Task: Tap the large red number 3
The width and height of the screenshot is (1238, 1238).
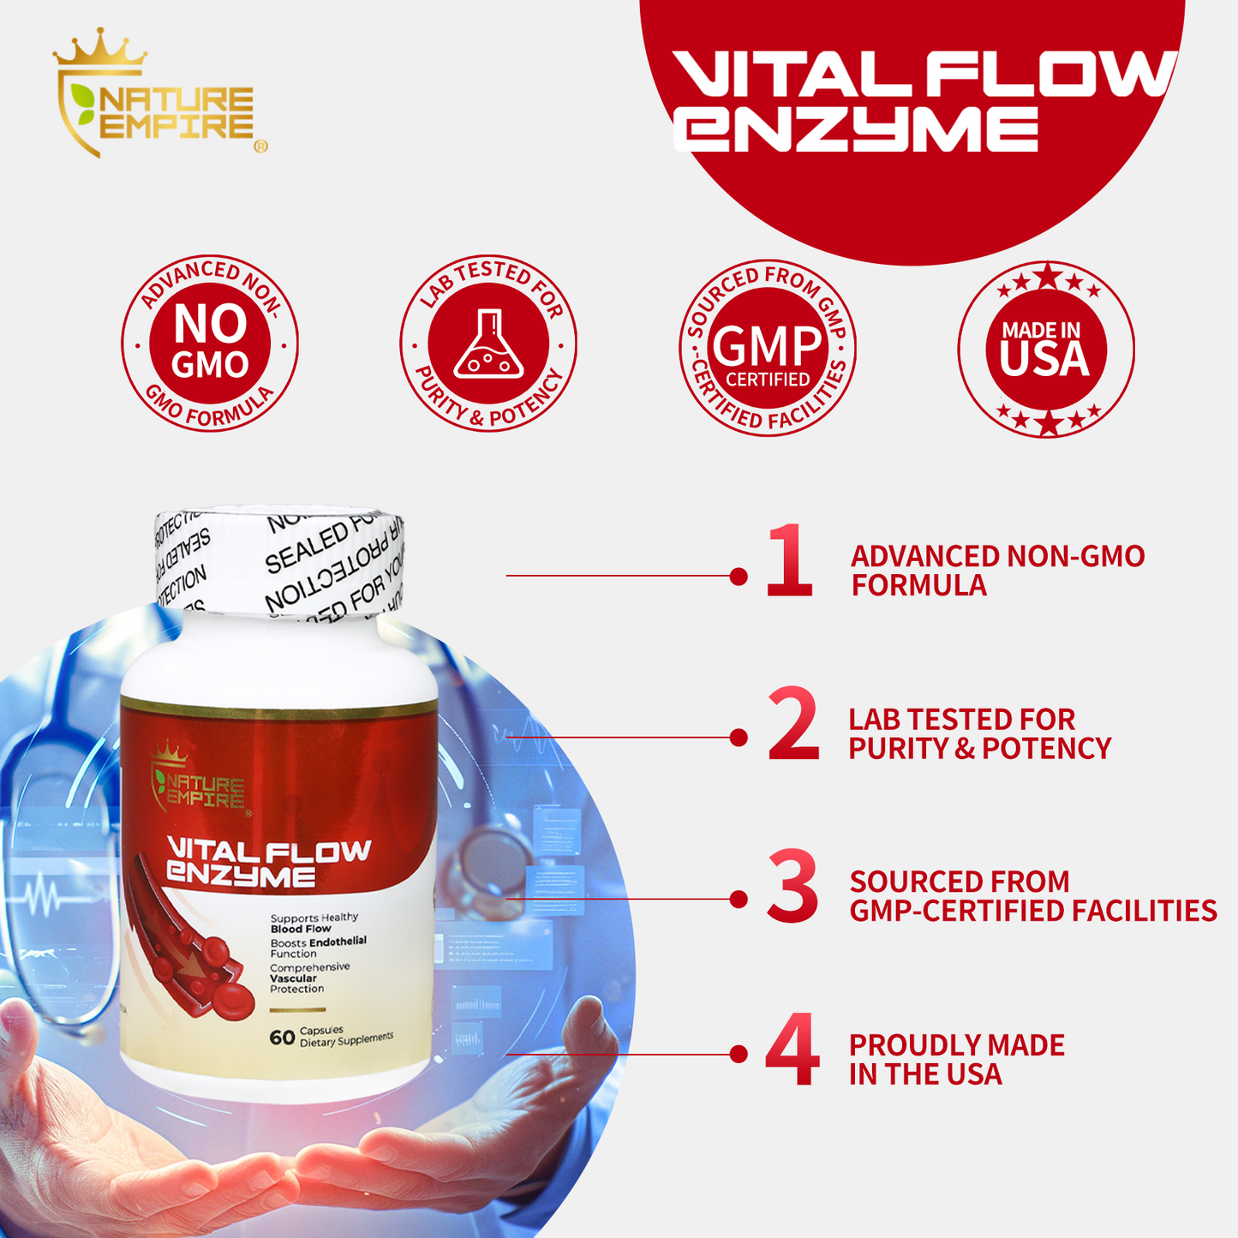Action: pyautogui.click(x=792, y=887)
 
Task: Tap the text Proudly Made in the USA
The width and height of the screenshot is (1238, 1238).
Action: pyautogui.click(x=956, y=1059)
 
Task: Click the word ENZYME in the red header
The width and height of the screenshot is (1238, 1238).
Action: pyautogui.click(x=857, y=130)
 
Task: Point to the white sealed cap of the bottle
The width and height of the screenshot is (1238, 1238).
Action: pyautogui.click(x=279, y=561)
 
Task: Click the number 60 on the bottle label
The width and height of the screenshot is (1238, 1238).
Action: pyautogui.click(x=282, y=1038)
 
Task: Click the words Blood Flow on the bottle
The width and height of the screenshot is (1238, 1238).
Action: pyautogui.click(x=301, y=929)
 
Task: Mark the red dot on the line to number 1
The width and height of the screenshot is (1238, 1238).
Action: pyautogui.click(x=739, y=577)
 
